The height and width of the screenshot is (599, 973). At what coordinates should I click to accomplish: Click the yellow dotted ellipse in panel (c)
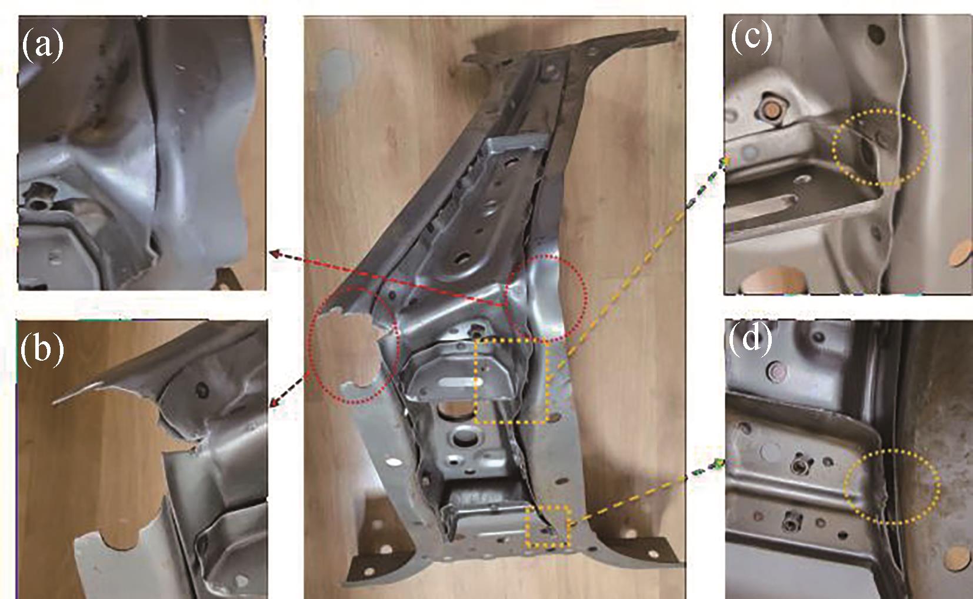[832, 148]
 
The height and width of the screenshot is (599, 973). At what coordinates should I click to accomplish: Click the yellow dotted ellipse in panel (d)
[844, 487]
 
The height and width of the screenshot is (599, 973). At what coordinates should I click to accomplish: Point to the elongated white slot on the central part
[456, 382]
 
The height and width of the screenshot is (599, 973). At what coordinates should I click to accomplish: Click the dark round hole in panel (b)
[202, 390]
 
